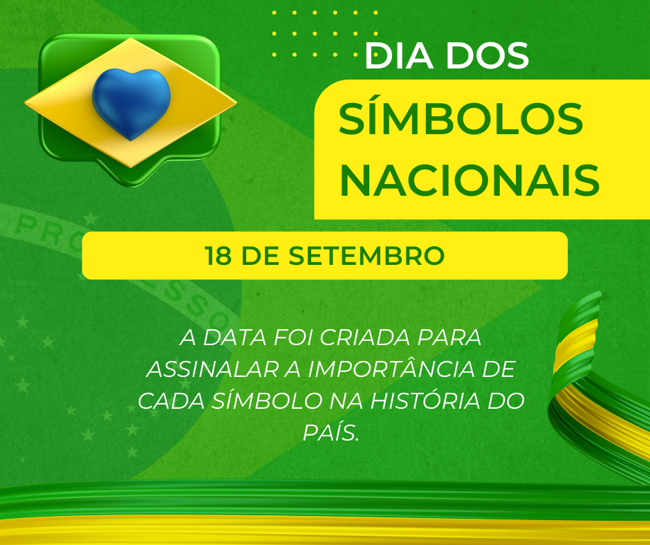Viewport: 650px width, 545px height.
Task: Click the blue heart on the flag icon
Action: (x=131, y=104)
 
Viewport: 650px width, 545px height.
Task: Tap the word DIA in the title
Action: (x=399, y=55)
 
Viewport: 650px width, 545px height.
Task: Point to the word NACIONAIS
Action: (x=470, y=181)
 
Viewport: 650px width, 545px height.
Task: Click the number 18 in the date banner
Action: (x=218, y=255)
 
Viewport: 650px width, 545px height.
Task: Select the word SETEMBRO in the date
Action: (x=366, y=255)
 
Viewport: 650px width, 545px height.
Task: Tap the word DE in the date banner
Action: (x=260, y=255)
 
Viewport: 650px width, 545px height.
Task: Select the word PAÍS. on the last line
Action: (x=331, y=432)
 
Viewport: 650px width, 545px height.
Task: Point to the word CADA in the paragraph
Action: (x=171, y=401)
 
